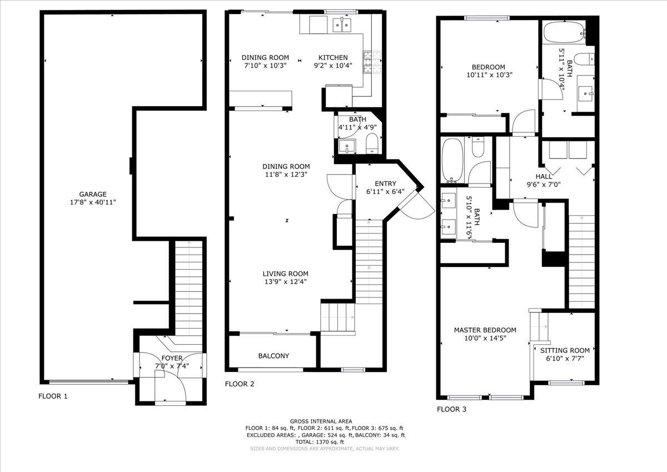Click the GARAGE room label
click(93, 194)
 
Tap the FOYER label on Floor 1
click(171, 358)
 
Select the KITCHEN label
click(332, 57)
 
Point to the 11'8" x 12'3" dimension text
click(286, 174)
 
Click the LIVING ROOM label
click(285, 274)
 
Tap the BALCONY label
click(273, 356)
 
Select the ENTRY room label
click(385, 183)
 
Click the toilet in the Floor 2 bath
click(372, 145)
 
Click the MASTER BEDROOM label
click(485, 330)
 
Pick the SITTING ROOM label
click(565, 350)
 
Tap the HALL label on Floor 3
click(544, 176)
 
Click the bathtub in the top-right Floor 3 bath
click(563, 34)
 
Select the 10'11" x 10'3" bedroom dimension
click(489, 74)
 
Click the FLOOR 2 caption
click(240, 384)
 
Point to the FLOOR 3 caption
click(451, 409)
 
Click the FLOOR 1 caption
click(53, 396)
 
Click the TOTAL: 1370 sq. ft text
click(323, 442)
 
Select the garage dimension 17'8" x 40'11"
click(93, 202)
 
